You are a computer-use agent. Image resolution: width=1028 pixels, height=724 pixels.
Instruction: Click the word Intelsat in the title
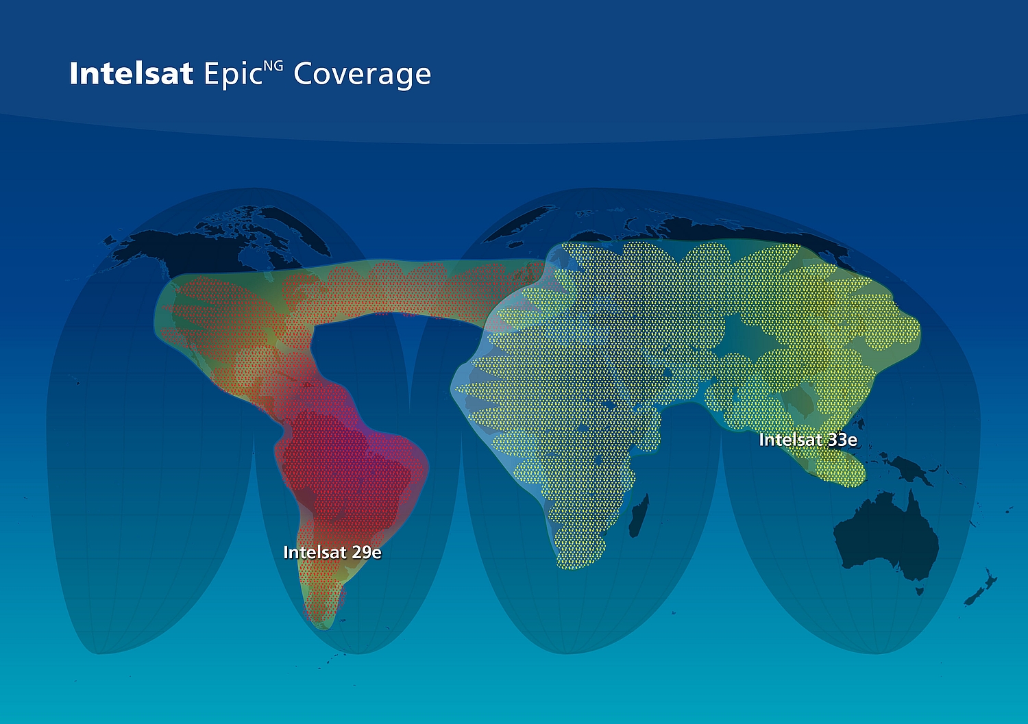(132, 73)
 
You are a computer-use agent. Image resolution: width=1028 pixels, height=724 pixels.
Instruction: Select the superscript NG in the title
(273, 66)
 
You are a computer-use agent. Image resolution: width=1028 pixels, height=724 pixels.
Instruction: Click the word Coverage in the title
(362, 75)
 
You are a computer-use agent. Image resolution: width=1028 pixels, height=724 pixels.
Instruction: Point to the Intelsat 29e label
(332, 552)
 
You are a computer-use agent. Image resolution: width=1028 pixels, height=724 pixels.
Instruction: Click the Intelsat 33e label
(808, 440)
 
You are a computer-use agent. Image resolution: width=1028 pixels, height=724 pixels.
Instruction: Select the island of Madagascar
(639, 515)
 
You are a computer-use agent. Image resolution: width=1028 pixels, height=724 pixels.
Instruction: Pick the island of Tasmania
(920, 591)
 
